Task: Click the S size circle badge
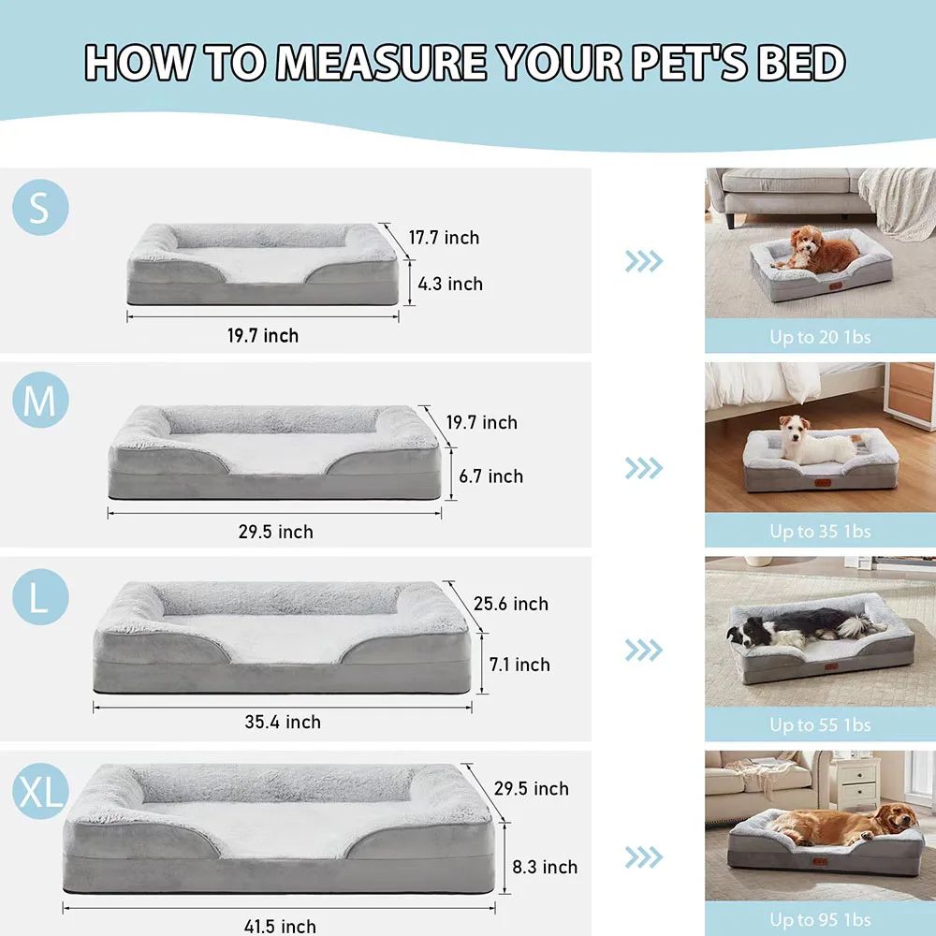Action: (x=40, y=207)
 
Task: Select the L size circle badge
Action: (x=40, y=597)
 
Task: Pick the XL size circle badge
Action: (x=40, y=793)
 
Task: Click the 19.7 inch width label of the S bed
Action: (x=263, y=335)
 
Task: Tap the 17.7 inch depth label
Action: (x=444, y=238)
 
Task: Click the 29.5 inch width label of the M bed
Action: (x=275, y=532)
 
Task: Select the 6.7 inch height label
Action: (x=490, y=476)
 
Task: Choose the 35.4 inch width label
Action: (x=283, y=722)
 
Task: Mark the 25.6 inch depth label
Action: (x=511, y=604)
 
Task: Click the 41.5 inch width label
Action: (x=280, y=927)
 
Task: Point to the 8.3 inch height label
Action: (x=545, y=867)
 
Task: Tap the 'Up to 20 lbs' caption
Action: (x=820, y=337)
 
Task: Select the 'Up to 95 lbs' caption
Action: (x=820, y=920)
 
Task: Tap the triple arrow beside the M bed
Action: (x=643, y=468)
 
